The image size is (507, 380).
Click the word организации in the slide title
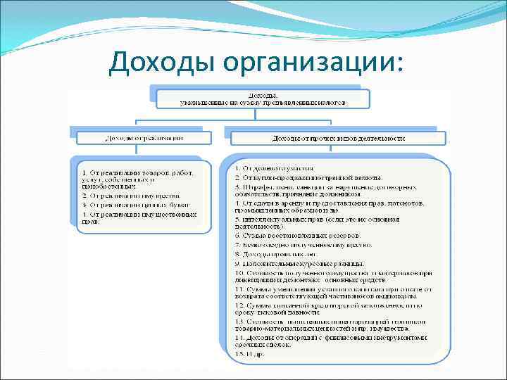tap(304, 64)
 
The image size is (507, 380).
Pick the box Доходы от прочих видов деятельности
tap(338, 139)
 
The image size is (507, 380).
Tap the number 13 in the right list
tap(239, 321)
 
